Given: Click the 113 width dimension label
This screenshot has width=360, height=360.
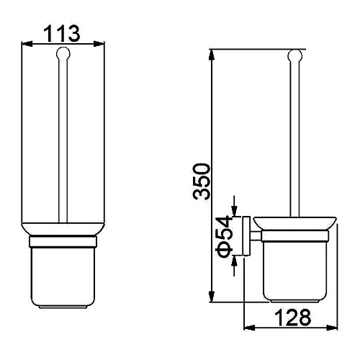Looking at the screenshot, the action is coord(63,34).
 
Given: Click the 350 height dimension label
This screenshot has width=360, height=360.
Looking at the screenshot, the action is coord(202,181).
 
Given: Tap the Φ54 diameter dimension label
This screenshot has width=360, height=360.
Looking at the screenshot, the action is coord(225,236).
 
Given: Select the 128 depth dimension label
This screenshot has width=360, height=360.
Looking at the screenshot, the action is coord(292,317).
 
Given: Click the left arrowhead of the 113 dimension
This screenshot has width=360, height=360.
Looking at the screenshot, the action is coord(27,44).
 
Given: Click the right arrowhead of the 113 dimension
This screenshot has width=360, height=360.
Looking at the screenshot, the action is coord(99,44).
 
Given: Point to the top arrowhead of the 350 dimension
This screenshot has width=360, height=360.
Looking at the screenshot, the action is coord(212,55).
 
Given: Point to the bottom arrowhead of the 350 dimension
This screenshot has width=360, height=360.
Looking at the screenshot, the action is coord(212,297).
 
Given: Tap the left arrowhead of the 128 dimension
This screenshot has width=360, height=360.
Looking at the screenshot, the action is coord(249,327).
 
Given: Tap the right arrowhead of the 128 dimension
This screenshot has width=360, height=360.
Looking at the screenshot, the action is coord(332,327).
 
